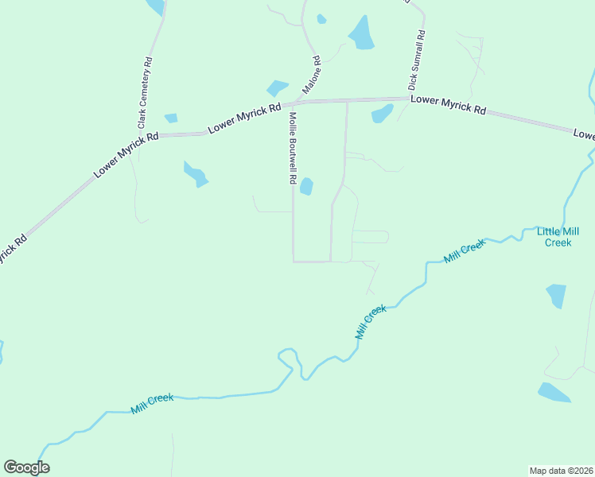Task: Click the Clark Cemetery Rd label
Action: (x=145, y=93)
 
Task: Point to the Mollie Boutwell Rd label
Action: (x=293, y=148)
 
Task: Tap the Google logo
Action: (x=26, y=467)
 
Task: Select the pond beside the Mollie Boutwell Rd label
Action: (x=306, y=187)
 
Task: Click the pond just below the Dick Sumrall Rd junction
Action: (x=382, y=114)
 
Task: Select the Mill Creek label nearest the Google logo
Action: (x=152, y=403)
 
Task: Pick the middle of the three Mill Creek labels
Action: (x=371, y=321)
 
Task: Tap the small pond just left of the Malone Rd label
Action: (x=277, y=87)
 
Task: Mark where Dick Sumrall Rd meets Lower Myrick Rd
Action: (x=414, y=99)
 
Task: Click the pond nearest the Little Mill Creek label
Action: (x=557, y=295)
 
